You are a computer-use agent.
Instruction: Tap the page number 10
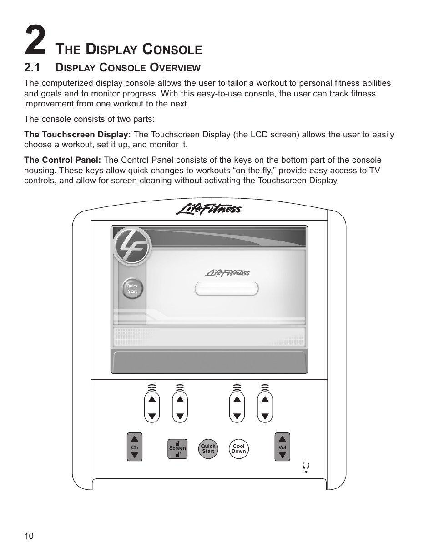click(29, 536)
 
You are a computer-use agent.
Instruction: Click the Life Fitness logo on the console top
click(209, 209)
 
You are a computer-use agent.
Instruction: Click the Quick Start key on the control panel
click(208, 449)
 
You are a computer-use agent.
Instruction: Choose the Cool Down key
click(238, 449)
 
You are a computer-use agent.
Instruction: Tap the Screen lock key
click(177, 449)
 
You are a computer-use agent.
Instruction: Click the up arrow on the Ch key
click(134, 439)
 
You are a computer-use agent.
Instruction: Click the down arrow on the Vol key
click(283, 455)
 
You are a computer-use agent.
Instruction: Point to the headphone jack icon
click(306, 466)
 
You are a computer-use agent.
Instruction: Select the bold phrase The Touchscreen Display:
click(78, 135)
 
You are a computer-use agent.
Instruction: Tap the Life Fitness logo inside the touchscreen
click(227, 272)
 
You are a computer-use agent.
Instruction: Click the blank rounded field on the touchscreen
click(227, 289)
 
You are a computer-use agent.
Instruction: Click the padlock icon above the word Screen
click(177, 442)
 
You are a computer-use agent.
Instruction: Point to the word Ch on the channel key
click(134, 447)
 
